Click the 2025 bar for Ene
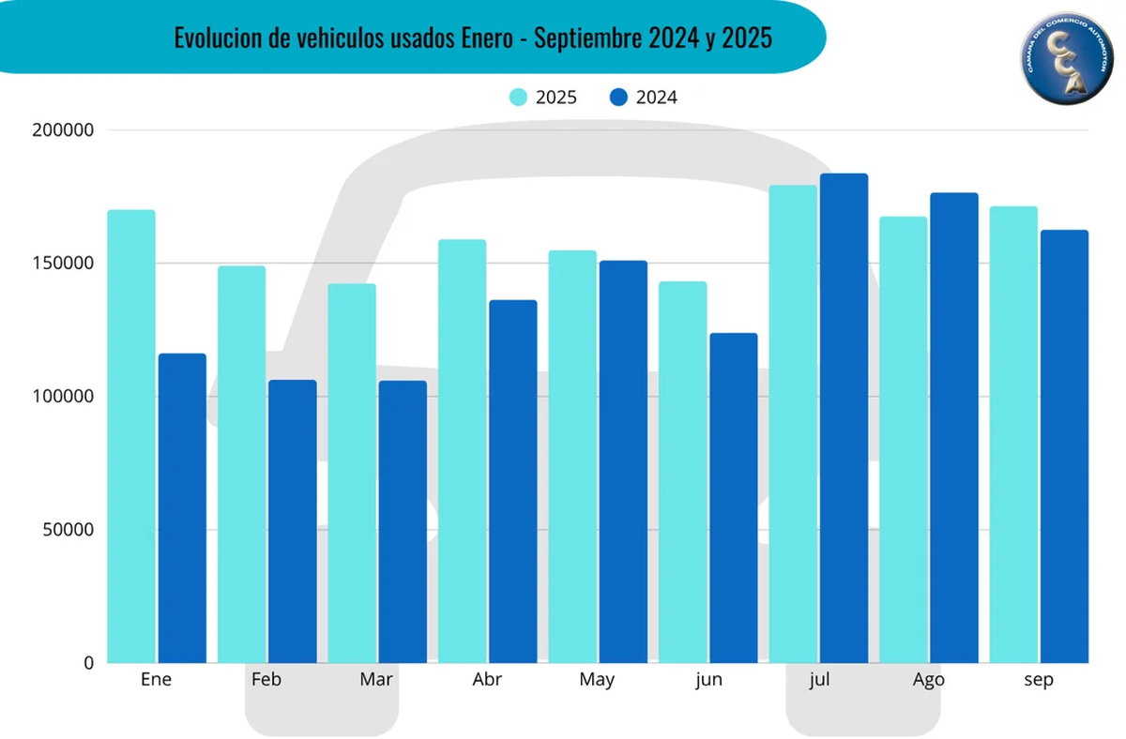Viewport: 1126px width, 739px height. point(131,436)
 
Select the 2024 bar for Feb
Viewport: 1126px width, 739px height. point(292,521)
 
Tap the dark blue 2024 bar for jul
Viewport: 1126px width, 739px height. point(844,418)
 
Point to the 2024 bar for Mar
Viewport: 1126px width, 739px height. point(402,521)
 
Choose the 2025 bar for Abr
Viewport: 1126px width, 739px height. point(462,451)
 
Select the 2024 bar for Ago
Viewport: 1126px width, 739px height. point(953,428)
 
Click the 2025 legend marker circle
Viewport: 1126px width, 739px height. point(518,97)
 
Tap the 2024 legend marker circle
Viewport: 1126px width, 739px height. point(618,97)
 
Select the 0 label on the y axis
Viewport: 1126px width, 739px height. point(88,663)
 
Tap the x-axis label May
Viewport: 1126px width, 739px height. point(597,680)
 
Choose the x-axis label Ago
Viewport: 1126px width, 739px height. point(928,680)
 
